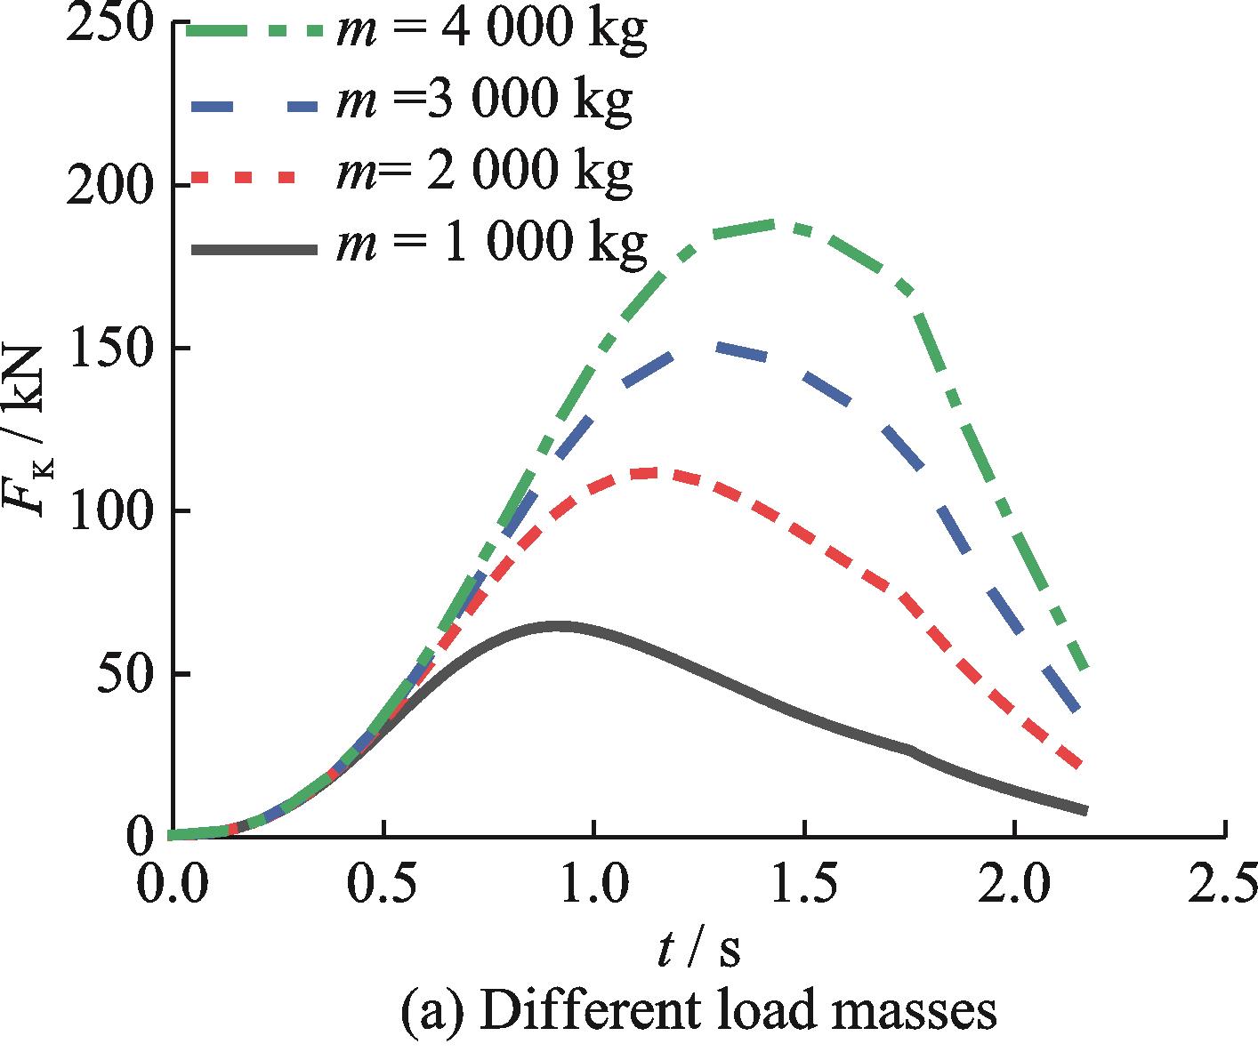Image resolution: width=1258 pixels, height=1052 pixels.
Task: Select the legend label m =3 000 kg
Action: [x=484, y=101]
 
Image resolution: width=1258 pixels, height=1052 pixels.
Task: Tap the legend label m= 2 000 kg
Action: [x=484, y=171]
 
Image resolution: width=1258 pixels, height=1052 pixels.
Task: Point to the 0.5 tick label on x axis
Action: [x=383, y=883]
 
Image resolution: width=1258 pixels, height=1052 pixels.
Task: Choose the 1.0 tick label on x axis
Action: [x=593, y=883]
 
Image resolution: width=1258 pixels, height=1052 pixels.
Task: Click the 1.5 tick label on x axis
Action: [x=804, y=883]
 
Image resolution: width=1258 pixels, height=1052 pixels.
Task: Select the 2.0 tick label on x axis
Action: [x=1015, y=883]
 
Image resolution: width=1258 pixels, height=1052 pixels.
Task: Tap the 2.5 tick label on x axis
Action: [x=1222, y=883]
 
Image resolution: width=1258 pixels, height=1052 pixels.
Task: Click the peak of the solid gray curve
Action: [x=559, y=626]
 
